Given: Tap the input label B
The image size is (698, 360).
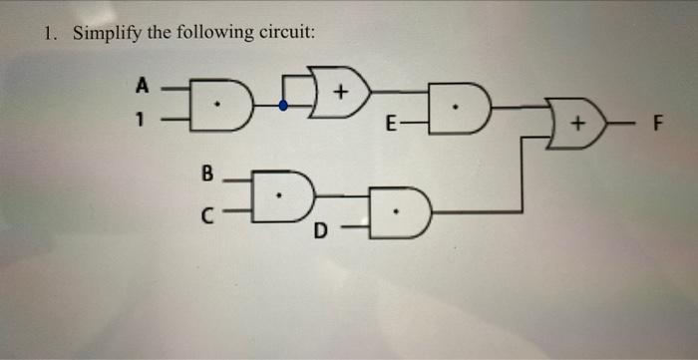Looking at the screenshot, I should click(x=207, y=172).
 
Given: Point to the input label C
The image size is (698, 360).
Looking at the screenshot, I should click(x=207, y=211).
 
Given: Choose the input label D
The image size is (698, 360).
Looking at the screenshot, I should click(x=320, y=232).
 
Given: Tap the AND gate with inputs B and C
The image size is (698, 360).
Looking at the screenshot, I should click(x=279, y=191).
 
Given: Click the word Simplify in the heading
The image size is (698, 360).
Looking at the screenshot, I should click(x=108, y=33).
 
